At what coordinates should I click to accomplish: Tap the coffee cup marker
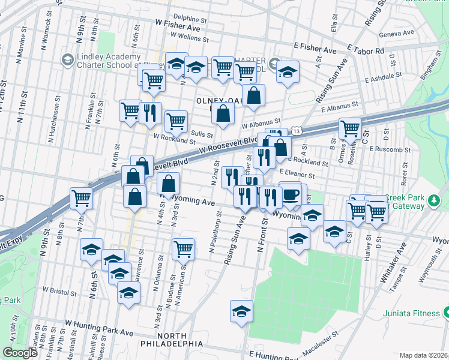[x=291, y=194]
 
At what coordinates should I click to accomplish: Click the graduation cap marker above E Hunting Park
[x=241, y=311]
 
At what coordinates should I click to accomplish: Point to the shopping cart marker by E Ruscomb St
[x=350, y=127]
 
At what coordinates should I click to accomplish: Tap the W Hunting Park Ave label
[x=99, y=328]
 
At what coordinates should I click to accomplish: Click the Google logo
[x=20, y=353]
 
